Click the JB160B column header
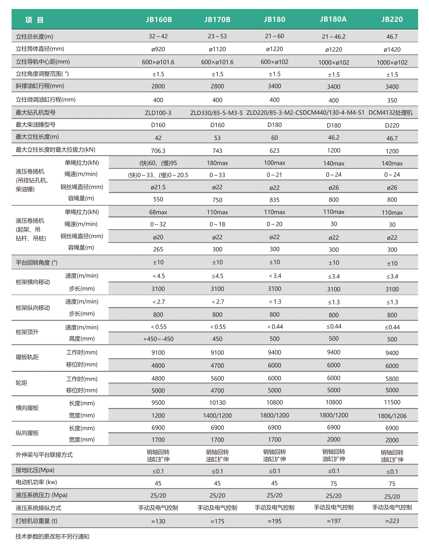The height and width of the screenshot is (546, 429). click(159, 20)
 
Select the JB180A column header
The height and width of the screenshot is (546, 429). click(333, 19)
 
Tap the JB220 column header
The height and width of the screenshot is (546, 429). click(392, 19)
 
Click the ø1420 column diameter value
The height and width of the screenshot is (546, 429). click(392, 50)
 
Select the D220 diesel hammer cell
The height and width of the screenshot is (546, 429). click(392, 125)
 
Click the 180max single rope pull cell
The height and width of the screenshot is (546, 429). click(217, 163)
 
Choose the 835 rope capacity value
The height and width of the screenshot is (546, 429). click(274, 200)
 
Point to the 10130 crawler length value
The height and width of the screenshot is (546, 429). click(217, 403)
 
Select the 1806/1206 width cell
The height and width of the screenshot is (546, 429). click(392, 416)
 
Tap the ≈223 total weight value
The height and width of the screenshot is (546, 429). click(392, 521)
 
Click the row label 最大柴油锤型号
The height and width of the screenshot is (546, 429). click(36, 125)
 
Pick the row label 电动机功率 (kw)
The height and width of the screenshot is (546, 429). click(36, 482)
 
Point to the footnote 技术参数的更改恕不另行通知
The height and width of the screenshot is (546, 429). click(52, 536)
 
